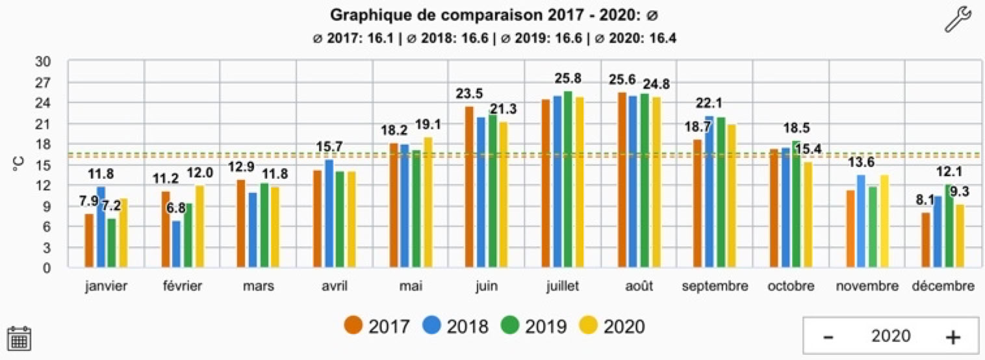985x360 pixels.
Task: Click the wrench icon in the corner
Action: [957, 19]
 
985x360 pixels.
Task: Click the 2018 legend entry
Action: [454, 325]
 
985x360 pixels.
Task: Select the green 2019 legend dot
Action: [511, 325]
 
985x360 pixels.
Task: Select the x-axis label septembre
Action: [715, 286]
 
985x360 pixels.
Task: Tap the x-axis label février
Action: [182, 286]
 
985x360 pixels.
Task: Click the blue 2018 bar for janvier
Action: [101, 227]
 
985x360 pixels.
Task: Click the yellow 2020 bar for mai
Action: [428, 203]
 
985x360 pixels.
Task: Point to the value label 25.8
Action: [568, 79]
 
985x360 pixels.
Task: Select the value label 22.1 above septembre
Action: [709, 103]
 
